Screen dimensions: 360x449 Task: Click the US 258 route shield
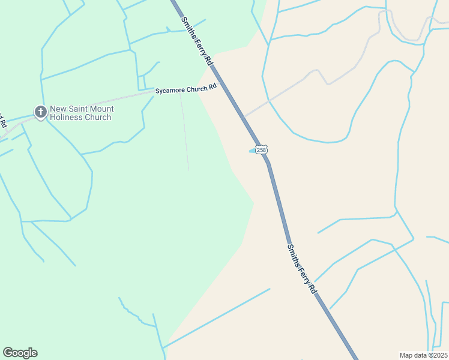(261, 149)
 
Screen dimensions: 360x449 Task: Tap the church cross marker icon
(40, 112)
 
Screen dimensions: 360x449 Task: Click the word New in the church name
(58, 109)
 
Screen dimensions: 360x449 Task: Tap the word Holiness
(66, 118)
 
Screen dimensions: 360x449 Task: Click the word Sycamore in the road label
(171, 91)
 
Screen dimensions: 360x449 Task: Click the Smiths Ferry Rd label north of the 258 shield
(197, 40)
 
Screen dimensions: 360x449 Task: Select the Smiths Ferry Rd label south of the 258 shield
(301, 268)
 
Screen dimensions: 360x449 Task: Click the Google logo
(20, 353)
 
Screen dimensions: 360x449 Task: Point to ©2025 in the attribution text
(437, 355)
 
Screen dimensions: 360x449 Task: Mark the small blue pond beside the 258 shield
(253, 151)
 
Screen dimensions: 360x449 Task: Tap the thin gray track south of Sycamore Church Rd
(185, 132)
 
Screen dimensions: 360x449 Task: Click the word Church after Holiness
(98, 118)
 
